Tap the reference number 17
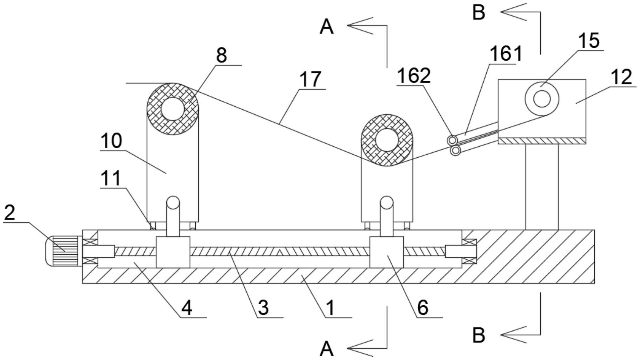(310, 79)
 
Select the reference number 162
(413, 76)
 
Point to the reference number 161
(506, 53)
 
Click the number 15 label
(589, 41)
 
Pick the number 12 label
(622, 77)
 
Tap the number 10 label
(111, 141)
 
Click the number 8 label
(221, 55)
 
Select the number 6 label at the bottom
(422, 307)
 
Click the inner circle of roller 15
(542, 99)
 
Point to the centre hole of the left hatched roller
(173, 109)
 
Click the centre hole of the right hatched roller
(387, 140)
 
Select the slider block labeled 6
(386, 252)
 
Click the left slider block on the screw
(173, 252)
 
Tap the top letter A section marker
(327, 27)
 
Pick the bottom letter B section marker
(478, 335)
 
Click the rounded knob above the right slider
(387, 202)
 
